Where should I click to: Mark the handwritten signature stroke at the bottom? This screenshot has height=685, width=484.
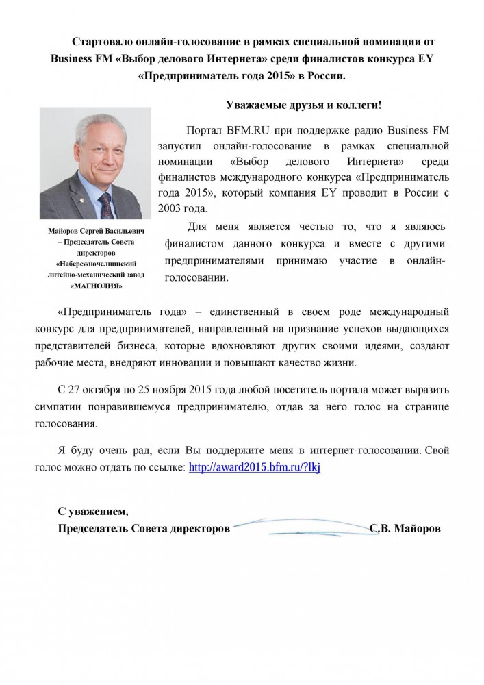[301, 526]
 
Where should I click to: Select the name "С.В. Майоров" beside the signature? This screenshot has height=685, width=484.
[405, 530]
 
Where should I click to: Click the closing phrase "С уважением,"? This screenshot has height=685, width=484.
[92, 512]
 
